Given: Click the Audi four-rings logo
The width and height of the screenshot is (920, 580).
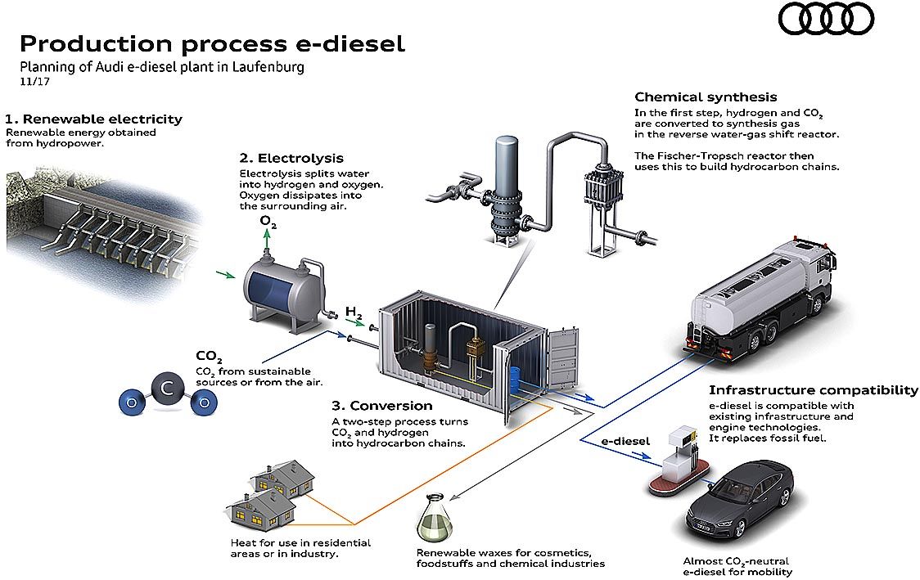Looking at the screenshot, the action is tap(826, 18).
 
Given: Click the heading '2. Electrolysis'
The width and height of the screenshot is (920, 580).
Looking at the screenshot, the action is tap(291, 158).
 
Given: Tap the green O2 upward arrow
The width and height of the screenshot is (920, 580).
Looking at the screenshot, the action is tap(268, 240).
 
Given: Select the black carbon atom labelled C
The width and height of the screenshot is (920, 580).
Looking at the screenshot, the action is tap(168, 389).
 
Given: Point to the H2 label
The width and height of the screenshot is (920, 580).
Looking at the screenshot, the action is tap(354, 313).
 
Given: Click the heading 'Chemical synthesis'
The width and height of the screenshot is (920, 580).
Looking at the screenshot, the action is tap(706, 97).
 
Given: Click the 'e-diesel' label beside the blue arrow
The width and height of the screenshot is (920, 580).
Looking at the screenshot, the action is tap(625, 441).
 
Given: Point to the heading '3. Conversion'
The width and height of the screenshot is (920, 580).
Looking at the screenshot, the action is tap(382, 406).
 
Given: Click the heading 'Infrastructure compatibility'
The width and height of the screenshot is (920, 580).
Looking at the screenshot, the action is tap(814, 390).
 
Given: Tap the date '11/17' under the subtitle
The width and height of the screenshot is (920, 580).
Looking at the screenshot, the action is tap(34, 82).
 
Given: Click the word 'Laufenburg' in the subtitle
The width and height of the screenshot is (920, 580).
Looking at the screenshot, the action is tap(268, 66).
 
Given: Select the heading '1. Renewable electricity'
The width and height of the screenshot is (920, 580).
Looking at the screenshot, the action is tap(94, 119).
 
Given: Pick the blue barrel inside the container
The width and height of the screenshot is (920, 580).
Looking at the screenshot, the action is tap(515, 380).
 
